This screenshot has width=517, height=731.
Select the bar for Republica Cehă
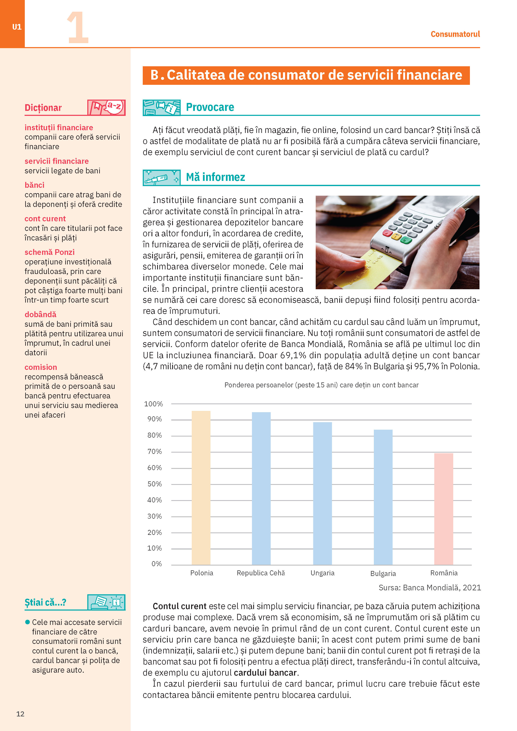click(x=261, y=488)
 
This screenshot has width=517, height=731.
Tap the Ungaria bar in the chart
click(x=323, y=493)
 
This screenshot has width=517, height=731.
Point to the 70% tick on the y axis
click(x=154, y=452)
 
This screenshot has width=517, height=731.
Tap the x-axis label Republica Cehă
click(x=261, y=573)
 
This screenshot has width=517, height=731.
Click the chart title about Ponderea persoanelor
click(x=321, y=385)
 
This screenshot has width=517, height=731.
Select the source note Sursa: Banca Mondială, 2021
click(x=429, y=588)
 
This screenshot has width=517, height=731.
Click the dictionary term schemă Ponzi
click(x=50, y=252)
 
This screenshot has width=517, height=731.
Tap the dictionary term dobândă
click(x=40, y=315)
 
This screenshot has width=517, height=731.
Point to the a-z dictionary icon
click(x=106, y=107)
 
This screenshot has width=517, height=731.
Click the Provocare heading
click(x=210, y=107)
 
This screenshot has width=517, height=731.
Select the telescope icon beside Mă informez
click(x=161, y=178)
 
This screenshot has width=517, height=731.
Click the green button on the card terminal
click(x=406, y=239)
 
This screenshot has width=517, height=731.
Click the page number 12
click(x=20, y=714)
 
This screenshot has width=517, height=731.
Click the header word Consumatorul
click(x=455, y=34)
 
